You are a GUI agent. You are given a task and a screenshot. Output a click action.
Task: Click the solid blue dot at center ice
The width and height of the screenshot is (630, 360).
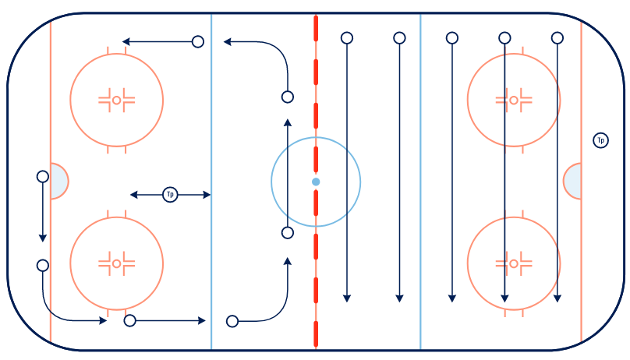(316, 182)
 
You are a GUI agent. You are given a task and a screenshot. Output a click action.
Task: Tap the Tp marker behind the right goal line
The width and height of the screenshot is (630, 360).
(600, 140)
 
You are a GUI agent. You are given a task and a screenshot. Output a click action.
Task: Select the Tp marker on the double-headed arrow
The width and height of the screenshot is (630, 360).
(170, 195)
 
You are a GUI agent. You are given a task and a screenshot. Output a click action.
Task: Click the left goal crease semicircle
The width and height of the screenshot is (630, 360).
(59, 181)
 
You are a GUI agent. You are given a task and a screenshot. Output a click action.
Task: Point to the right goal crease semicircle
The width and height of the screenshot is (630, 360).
(572, 181)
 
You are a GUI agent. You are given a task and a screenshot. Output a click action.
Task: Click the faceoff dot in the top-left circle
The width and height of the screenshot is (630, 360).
(116, 100)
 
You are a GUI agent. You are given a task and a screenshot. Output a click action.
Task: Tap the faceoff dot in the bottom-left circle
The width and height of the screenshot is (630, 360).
(116, 263)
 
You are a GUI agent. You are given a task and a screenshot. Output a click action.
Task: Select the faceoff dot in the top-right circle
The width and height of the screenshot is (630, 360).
(514, 100)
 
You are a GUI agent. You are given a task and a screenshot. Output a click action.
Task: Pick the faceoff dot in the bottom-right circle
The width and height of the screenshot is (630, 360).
(514, 263)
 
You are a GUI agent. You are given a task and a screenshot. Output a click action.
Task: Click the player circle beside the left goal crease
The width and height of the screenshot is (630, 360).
(43, 177)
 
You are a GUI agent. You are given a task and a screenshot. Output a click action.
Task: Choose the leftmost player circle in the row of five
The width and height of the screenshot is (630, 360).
(347, 38)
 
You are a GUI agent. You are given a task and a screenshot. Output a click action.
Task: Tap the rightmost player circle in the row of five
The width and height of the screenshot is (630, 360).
(557, 38)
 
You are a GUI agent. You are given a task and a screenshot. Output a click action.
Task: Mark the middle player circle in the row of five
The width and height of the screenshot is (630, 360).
(452, 38)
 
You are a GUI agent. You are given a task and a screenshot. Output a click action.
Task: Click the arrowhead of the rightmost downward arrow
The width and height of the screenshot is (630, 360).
(557, 298)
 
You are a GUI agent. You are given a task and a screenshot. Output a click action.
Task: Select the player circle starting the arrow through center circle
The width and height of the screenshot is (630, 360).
(287, 233)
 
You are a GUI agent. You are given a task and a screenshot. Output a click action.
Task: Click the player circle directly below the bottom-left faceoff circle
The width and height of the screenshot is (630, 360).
(129, 321)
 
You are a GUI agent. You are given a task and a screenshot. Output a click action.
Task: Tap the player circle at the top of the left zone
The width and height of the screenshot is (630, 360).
(198, 41)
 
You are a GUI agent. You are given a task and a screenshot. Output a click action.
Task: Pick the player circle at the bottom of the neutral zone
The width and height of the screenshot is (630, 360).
(232, 321)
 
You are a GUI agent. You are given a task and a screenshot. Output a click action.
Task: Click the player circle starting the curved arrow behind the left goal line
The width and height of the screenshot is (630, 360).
(43, 265)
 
